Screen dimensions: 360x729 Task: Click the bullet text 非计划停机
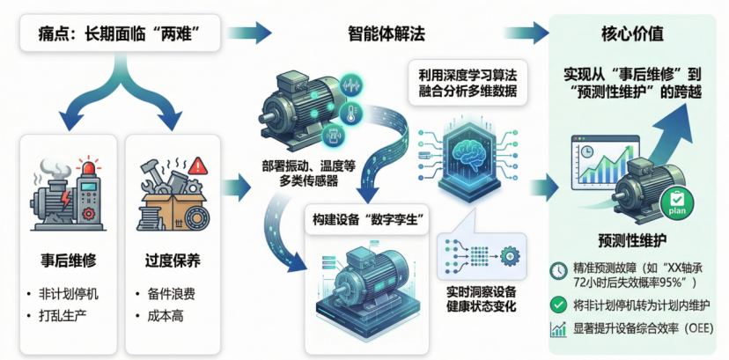70,292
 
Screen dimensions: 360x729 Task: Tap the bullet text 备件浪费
169,292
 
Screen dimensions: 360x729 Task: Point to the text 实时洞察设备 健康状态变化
482,294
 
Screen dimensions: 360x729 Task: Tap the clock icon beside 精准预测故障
556,271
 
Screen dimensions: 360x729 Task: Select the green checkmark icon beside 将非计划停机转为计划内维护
556,305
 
